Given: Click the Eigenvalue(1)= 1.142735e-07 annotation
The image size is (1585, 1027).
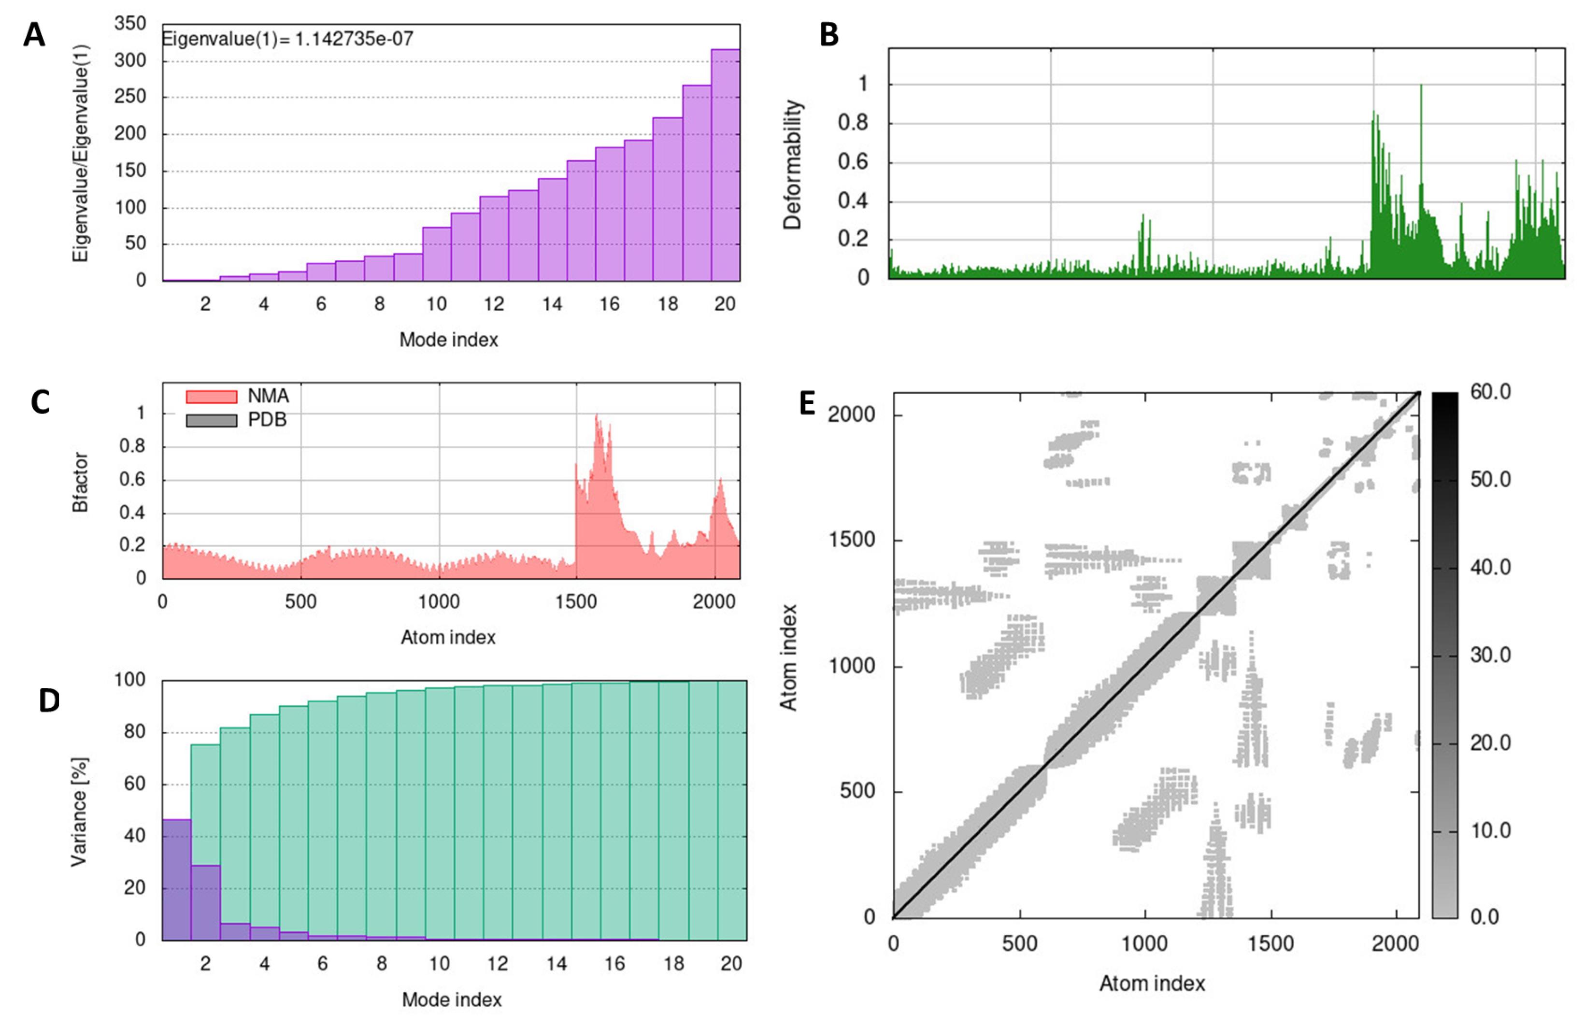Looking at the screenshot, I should tap(288, 39).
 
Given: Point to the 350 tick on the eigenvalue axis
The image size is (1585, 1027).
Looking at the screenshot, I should tap(130, 24).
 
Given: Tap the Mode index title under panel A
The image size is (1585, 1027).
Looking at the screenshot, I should tap(448, 340).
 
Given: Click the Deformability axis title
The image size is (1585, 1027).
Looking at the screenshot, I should tap(792, 165).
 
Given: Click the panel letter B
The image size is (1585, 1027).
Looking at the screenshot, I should tap(829, 35).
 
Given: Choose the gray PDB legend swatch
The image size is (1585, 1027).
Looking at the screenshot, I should tap(211, 420).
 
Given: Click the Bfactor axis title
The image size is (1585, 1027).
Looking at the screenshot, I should tap(80, 482).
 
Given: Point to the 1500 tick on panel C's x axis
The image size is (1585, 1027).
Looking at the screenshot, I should tap(576, 601).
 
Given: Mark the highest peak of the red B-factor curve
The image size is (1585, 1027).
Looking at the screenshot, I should tap(597, 417).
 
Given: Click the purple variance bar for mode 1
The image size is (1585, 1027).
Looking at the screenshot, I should tap(176, 879).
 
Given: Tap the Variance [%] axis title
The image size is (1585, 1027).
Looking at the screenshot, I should tap(79, 811).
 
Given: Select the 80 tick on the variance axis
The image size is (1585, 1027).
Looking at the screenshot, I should tap(134, 732).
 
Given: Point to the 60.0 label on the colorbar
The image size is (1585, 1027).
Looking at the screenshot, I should tap(1490, 392).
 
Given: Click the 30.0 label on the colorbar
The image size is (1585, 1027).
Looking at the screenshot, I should tap(1490, 655).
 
